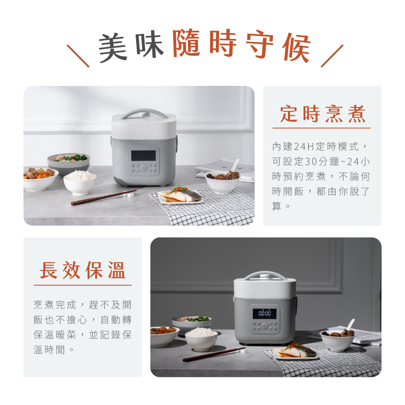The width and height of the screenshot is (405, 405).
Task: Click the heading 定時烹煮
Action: click(x=323, y=114)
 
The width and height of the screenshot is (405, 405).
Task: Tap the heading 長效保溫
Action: click(x=83, y=270)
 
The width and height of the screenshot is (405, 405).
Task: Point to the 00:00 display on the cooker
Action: click(x=264, y=313)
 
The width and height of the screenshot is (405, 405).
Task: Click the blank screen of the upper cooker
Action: click(x=143, y=156)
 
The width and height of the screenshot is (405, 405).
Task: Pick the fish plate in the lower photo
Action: click(x=295, y=352)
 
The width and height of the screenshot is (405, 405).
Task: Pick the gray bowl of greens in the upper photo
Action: click(x=68, y=163)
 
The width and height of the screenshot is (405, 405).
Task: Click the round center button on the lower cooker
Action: click(x=264, y=326)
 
